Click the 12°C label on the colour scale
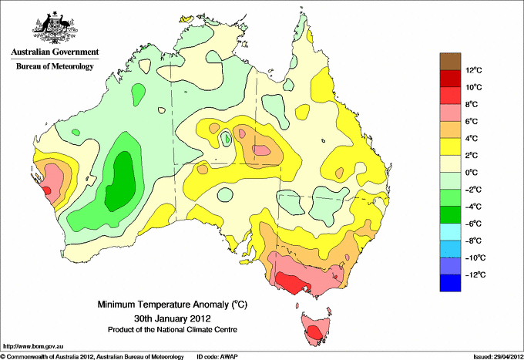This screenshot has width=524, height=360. (x=474, y=70)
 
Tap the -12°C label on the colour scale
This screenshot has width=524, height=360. (x=475, y=274)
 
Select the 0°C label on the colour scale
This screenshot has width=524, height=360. (x=472, y=173)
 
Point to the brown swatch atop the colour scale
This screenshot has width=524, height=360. (x=450, y=62)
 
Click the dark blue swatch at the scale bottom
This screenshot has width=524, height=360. (x=450, y=283)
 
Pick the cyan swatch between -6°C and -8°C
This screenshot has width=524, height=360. (x=450, y=232)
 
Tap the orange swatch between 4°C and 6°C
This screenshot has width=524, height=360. (x=450, y=130)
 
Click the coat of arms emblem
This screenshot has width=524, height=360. (x=55, y=27)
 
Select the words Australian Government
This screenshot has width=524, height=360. (x=55, y=52)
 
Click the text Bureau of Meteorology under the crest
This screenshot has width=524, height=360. (x=55, y=66)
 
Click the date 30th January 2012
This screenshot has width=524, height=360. (x=172, y=318)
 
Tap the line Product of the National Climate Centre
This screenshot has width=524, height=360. (x=173, y=330)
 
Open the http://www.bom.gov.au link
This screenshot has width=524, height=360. (x=33, y=347)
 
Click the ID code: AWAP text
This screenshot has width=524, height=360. (x=217, y=357)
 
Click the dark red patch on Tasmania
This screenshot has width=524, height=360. (x=314, y=332)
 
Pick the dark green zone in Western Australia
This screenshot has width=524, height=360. (x=121, y=181)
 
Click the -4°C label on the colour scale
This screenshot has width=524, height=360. (x=473, y=207)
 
